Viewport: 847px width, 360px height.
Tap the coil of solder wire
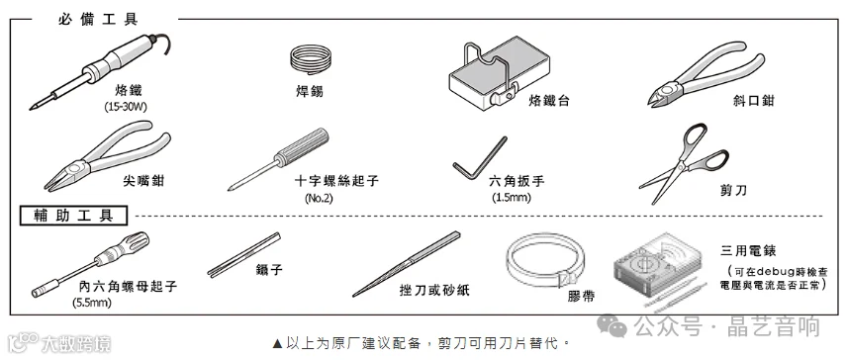310,58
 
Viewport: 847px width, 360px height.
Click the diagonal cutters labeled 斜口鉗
703,75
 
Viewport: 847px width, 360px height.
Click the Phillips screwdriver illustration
278,159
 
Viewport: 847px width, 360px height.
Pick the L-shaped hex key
478,160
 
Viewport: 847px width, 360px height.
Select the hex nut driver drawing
90,264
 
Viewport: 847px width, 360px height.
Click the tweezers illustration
244,255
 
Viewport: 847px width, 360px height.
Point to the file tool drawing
407,264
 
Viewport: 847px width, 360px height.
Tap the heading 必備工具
98,20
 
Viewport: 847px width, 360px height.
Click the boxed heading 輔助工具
74,216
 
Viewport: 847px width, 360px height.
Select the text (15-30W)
126,107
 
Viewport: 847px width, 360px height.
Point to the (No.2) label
320,198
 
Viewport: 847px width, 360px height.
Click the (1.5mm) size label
512,198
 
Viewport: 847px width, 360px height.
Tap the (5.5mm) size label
92,303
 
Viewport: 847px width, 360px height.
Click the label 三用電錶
749,251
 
